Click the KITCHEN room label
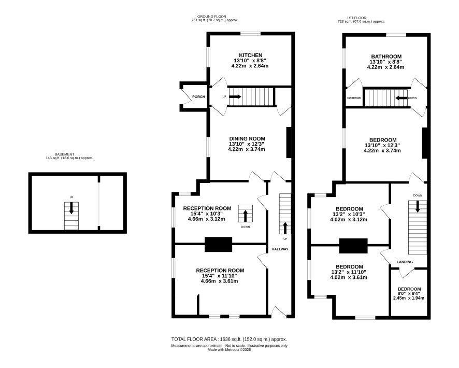(251, 55)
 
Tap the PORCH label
(198, 97)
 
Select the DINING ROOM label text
(247, 139)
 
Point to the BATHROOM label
(386, 56)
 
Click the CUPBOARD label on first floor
(354, 98)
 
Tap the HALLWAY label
(280, 249)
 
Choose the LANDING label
(405, 262)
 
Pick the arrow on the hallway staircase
(285, 228)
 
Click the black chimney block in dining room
(289, 143)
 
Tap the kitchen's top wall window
(251, 34)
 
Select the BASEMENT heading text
(64, 154)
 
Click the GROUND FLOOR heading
(212, 17)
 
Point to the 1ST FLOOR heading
(356, 18)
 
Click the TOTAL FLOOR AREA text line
(229, 339)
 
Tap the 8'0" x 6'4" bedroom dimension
(408, 293)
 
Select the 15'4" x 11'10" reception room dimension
(219, 276)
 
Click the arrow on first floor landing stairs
(418, 206)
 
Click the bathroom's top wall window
(396, 35)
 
